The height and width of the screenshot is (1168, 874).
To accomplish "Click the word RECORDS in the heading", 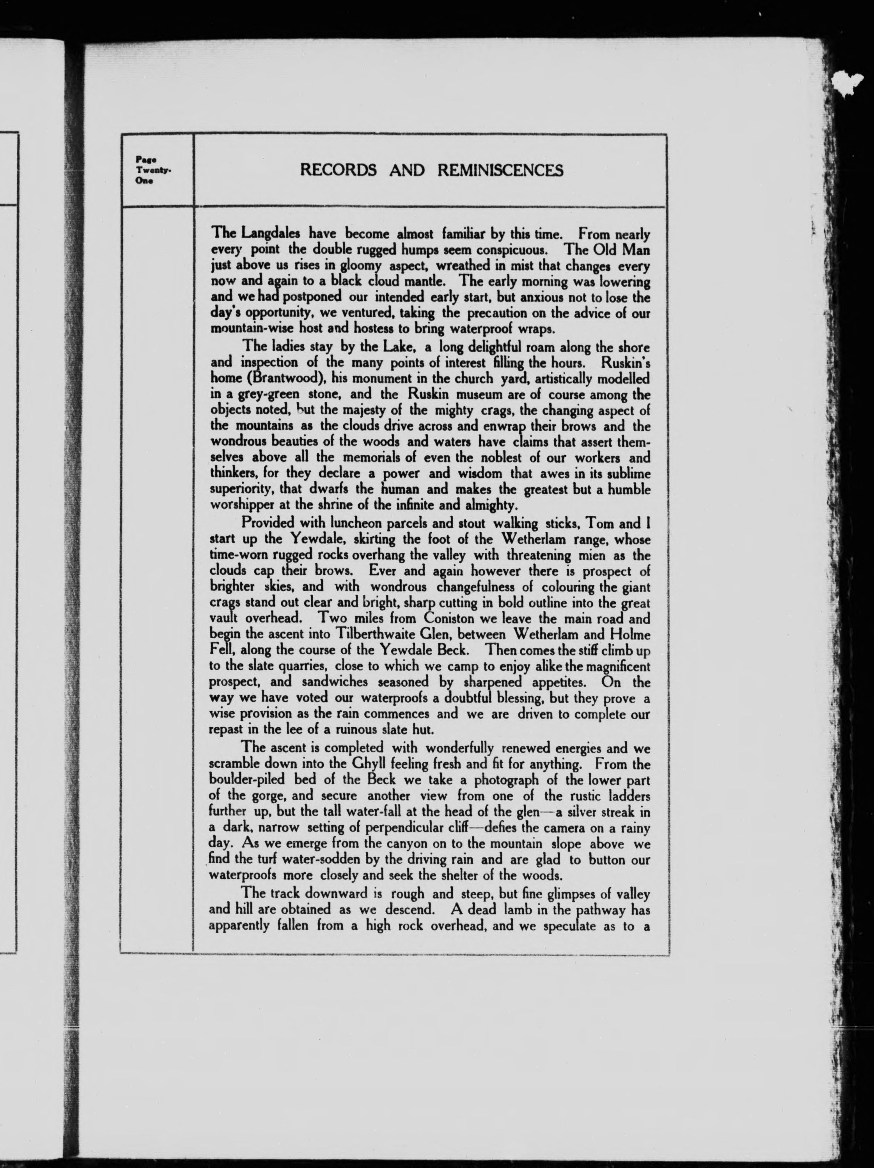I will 338,170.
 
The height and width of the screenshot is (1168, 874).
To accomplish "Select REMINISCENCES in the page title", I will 500,170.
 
